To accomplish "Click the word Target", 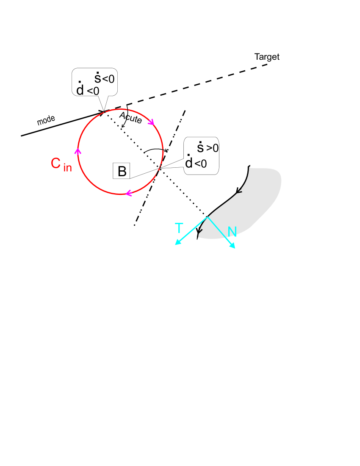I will point(267,57).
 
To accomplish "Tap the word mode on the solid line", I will point(46,121).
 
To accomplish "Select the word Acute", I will point(130,117).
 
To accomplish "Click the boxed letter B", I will point(122,171).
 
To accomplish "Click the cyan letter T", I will point(179,228).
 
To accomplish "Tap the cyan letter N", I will point(232,232).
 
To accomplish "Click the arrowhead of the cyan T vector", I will point(177,243).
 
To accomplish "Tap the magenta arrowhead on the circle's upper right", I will point(151,122).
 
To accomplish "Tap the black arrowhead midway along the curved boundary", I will point(239,191).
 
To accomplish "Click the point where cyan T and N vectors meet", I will point(208,217).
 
